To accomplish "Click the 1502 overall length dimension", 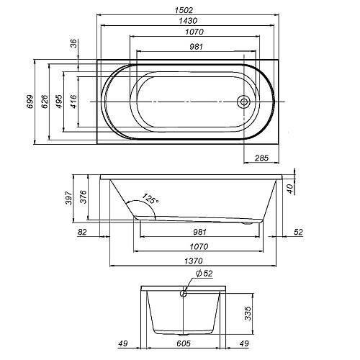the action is point(184,10).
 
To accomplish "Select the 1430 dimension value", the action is point(188,21).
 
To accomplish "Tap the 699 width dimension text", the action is point(30,102).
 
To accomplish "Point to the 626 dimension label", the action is point(45,102).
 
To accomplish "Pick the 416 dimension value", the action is point(73,102).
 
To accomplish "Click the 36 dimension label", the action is point(74,44).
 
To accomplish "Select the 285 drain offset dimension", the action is point(261,158).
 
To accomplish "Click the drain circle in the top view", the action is point(243,102).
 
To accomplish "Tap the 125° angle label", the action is point(150,199).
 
